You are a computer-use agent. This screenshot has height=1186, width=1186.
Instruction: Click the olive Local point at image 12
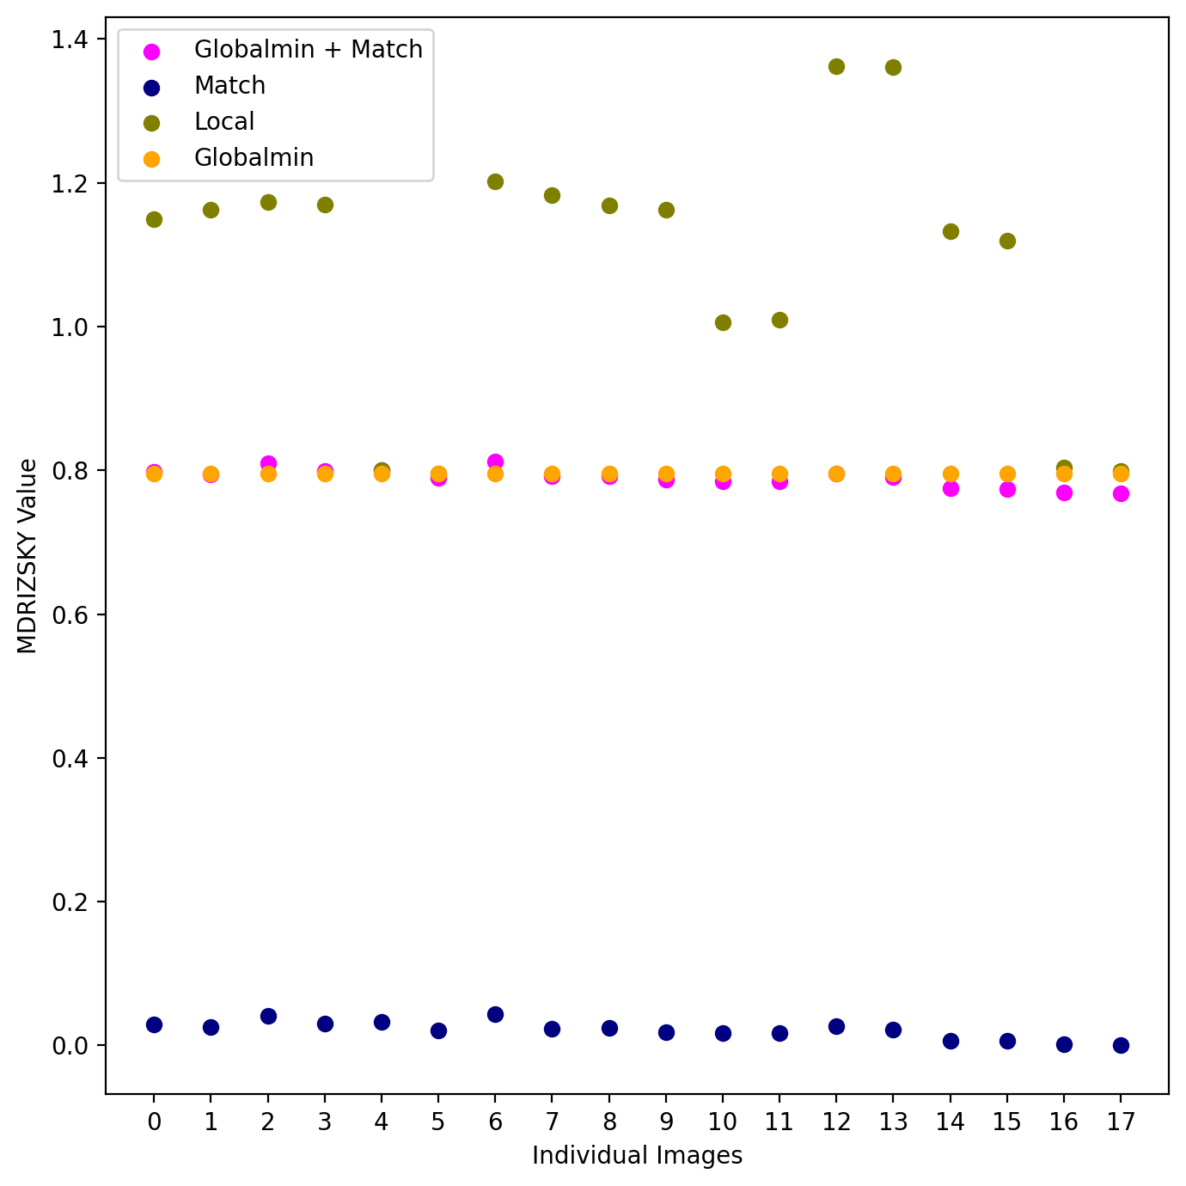point(836,66)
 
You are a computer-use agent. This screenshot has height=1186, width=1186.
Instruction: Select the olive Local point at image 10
point(723,322)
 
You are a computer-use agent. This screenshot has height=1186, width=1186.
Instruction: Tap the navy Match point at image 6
point(495,1014)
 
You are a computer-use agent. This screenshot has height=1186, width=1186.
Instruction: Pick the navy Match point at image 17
point(1121,1045)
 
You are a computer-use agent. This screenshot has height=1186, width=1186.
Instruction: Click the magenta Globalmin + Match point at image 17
point(1121,493)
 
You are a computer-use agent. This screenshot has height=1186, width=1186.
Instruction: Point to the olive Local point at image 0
point(154,219)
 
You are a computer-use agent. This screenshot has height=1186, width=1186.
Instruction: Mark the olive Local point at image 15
point(1007,241)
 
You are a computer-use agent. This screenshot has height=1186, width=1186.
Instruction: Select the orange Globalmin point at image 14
point(951,474)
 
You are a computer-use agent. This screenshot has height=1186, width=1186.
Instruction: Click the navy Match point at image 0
point(154,1024)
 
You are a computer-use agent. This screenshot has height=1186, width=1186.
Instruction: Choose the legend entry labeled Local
point(224,122)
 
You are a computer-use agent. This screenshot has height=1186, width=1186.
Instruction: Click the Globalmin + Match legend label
point(309,50)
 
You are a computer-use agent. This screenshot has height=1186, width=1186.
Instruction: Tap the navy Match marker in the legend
point(151,87)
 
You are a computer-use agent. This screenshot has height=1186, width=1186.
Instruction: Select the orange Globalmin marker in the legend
point(151,159)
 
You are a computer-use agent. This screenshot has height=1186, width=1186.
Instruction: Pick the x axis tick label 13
point(893,1122)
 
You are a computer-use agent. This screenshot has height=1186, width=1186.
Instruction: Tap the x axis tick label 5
point(438,1122)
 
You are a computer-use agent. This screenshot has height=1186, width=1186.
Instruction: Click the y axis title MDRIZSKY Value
point(28,556)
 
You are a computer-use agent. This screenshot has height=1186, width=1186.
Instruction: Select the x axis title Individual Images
point(637,1156)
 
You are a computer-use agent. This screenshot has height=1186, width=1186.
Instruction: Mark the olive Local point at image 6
point(495,181)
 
